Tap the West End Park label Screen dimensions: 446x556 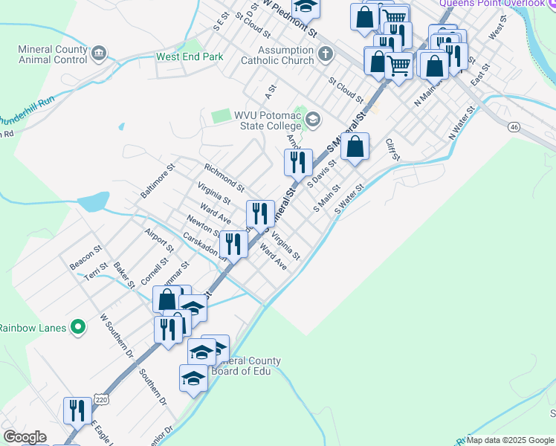click(x=190, y=56)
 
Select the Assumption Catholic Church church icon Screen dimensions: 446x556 click(x=325, y=54)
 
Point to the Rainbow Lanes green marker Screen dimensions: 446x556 click(x=77, y=327)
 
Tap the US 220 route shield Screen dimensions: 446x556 click(x=100, y=421)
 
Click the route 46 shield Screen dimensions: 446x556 click(x=514, y=127)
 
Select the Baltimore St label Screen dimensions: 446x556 click(x=157, y=181)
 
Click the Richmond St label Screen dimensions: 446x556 click(x=224, y=177)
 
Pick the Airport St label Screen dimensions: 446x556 click(x=159, y=239)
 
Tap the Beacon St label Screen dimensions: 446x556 click(x=85, y=255)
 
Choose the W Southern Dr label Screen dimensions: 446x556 click(x=116, y=336)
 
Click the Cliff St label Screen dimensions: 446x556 click(x=392, y=149)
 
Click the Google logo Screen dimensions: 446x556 click(x=25, y=437)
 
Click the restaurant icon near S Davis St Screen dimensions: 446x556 click(x=298, y=162)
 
